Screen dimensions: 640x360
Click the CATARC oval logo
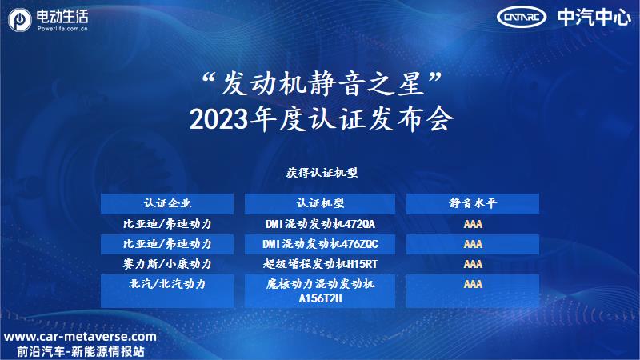522,17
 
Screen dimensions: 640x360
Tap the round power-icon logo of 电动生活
19,20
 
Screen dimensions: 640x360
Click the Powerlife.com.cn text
62,29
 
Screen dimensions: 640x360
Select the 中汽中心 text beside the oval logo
594,17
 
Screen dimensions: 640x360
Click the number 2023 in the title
218,119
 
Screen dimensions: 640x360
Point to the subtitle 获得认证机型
322,173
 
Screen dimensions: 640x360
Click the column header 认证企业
167,203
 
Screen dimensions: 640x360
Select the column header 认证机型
320,203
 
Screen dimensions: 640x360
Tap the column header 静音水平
473,203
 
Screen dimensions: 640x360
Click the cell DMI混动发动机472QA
320,224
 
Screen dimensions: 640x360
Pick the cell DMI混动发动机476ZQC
320,244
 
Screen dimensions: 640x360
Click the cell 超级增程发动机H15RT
320,264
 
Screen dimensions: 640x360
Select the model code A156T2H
320,298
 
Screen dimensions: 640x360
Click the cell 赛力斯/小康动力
167,264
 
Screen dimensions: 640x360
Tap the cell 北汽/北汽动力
167,284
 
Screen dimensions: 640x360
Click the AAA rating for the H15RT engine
473,264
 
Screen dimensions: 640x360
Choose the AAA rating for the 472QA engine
473,224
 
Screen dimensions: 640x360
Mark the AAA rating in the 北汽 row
473,284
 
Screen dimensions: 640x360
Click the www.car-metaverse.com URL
80,337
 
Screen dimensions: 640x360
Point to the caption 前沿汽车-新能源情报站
81,351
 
